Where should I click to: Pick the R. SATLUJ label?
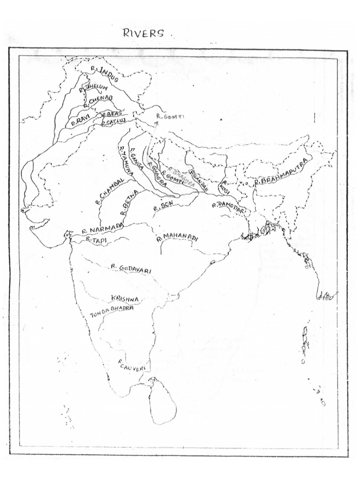(114, 122)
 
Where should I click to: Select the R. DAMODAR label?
(228, 205)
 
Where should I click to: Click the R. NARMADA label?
(102, 229)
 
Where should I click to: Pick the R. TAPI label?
(96, 239)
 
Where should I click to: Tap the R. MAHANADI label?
(178, 239)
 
